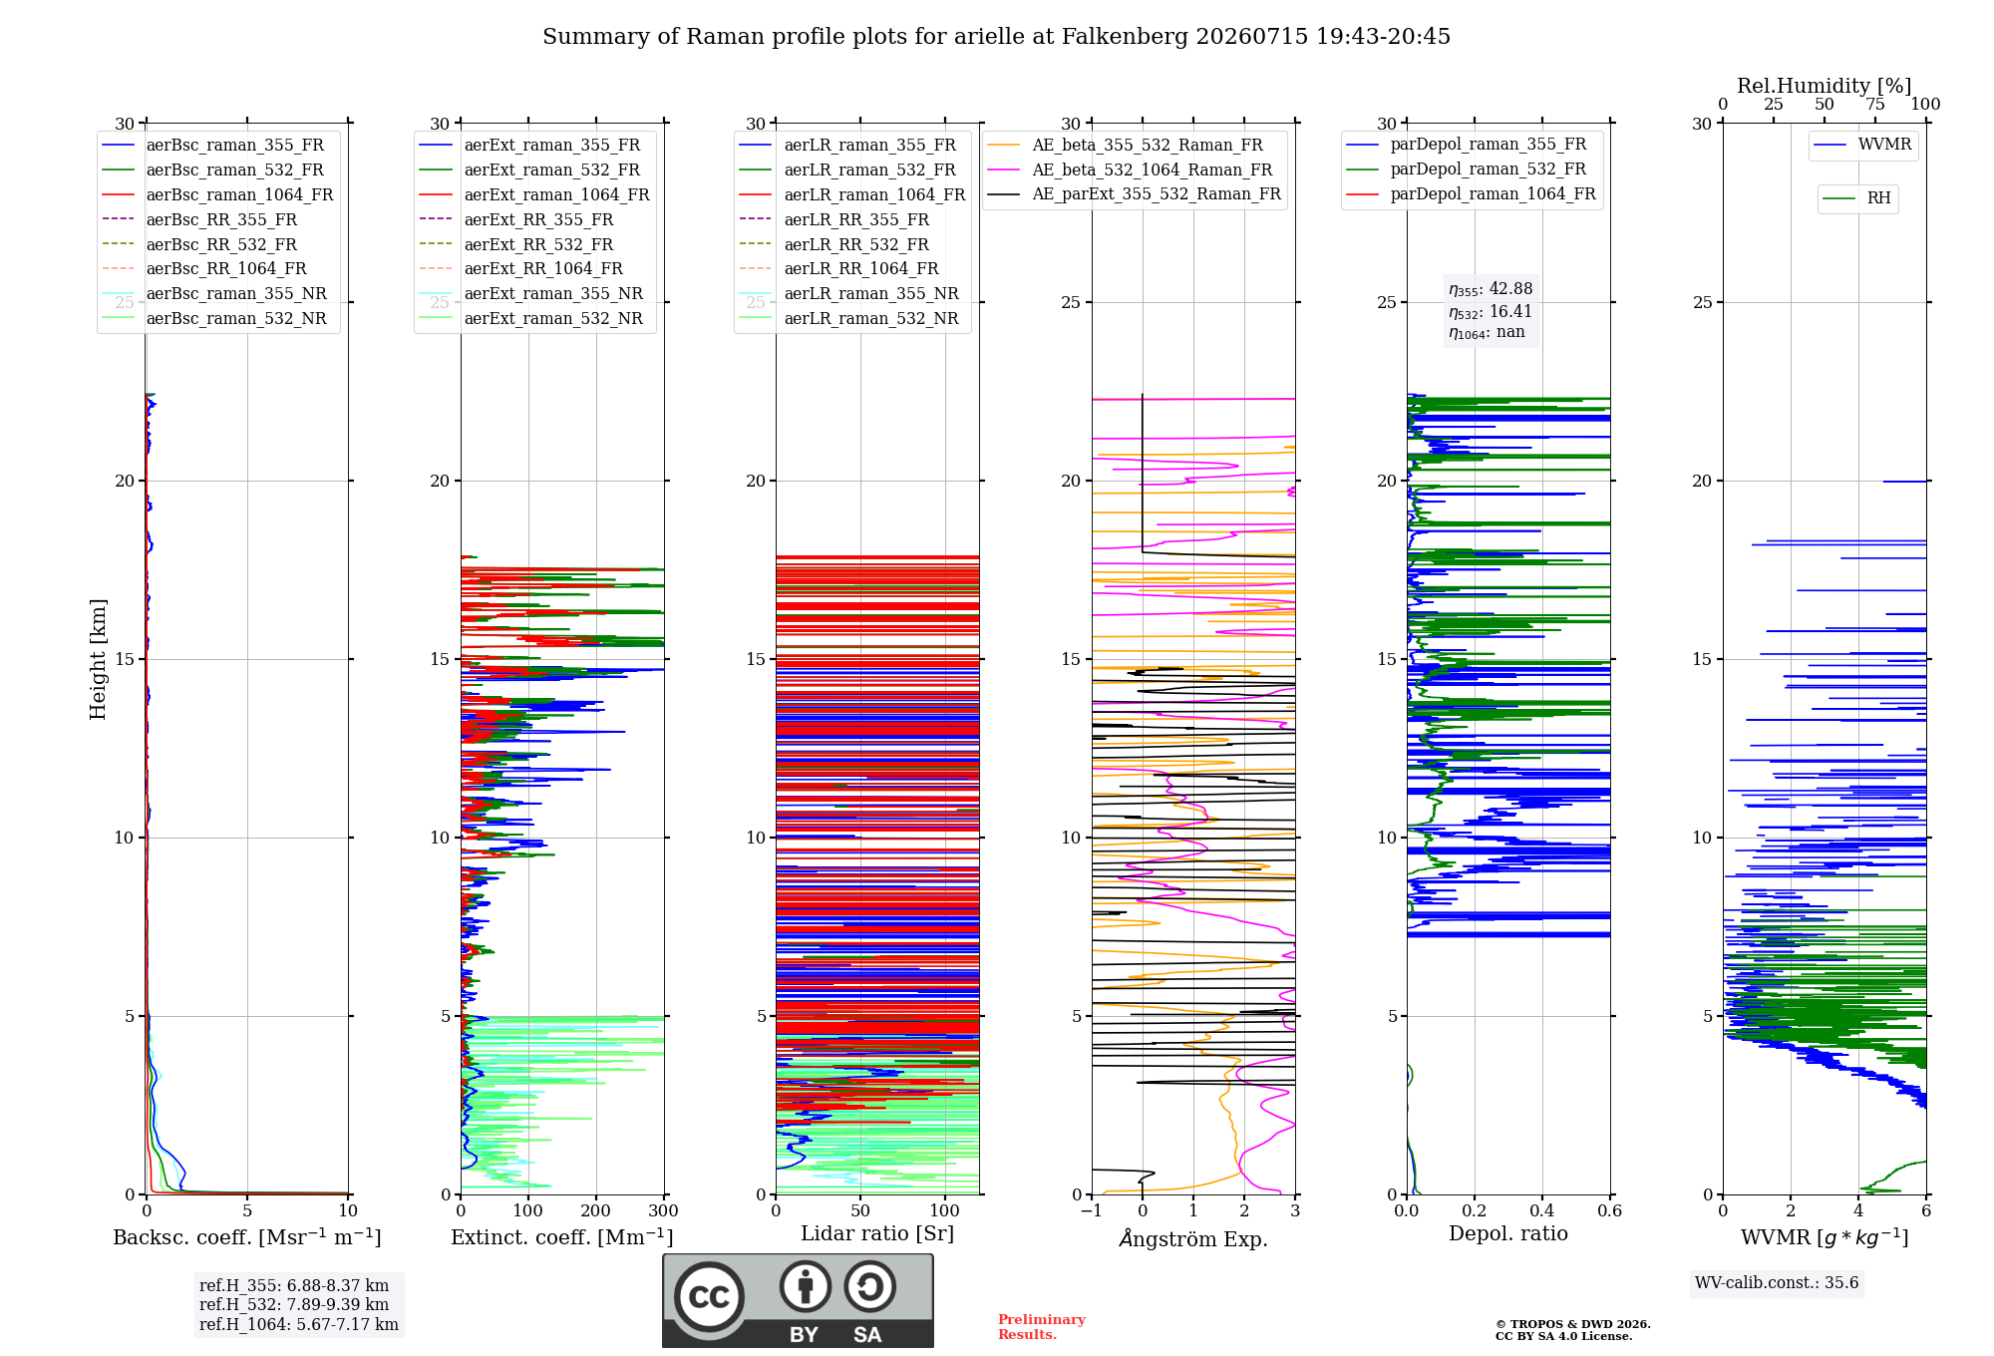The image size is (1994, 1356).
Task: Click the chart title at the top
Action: click(x=996, y=37)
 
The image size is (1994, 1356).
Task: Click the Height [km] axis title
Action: click(x=98, y=659)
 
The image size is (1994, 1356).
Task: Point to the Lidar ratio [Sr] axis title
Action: click(x=877, y=1233)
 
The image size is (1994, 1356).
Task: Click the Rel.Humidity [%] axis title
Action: click(x=1825, y=86)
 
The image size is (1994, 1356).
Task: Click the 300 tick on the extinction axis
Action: click(x=663, y=1210)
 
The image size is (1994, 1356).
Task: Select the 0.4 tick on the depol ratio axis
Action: click(x=1541, y=1210)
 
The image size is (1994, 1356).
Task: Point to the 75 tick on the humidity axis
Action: click(x=1875, y=105)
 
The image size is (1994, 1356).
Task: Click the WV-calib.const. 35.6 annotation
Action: click(x=1777, y=1282)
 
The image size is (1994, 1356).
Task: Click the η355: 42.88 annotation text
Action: click(x=1491, y=289)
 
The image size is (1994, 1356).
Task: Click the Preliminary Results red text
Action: click(x=1042, y=1327)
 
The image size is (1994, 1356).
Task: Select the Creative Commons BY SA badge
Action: click(x=799, y=1301)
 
